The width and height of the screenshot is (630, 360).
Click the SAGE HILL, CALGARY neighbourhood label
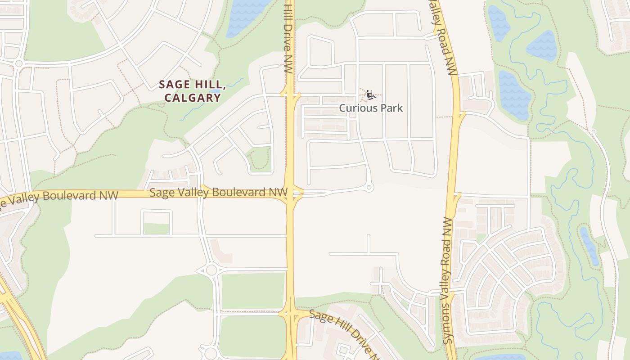(x=192, y=91)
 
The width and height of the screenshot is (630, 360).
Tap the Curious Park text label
(x=371, y=108)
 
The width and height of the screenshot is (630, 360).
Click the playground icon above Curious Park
(x=370, y=95)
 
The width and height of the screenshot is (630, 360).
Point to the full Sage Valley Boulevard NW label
(x=218, y=193)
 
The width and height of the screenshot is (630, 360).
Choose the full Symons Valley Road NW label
(x=448, y=281)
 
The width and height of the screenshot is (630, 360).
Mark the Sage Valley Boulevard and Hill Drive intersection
(x=291, y=193)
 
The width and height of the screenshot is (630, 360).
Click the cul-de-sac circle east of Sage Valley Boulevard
(x=369, y=188)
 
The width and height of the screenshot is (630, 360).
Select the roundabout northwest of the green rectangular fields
(x=211, y=270)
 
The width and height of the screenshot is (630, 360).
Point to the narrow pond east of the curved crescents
(x=589, y=246)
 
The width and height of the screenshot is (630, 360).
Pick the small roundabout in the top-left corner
(x=18, y=63)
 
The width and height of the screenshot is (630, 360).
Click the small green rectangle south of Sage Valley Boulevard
(x=156, y=229)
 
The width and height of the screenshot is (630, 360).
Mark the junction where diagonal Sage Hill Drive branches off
(x=290, y=313)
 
